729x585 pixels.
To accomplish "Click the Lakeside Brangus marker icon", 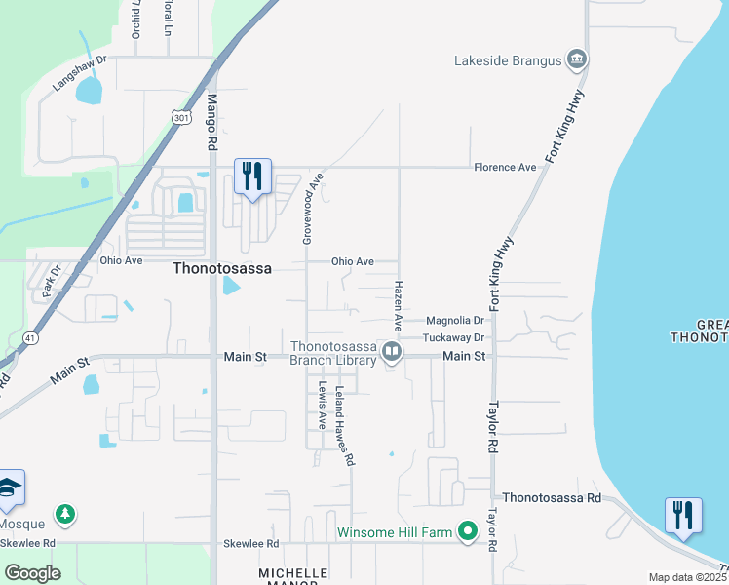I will pos(577,60).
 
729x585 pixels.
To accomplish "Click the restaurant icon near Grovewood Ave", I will pos(252,176).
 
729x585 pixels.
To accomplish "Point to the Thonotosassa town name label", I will pos(221,267).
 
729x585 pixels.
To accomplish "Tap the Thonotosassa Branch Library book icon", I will pos(392,351).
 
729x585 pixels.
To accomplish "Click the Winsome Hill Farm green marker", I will pos(468,532).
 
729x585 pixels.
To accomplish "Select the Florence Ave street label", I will pos(505,167).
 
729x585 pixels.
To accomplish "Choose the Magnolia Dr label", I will pos(454,320).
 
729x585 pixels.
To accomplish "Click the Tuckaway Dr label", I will pos(454,337).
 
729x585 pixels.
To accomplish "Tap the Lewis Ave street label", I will pos(322,406).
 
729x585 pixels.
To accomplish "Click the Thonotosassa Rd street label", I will pos(553,497).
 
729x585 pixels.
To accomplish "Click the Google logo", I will pos(32,573).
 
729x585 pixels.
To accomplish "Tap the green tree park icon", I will pos(65,513).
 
